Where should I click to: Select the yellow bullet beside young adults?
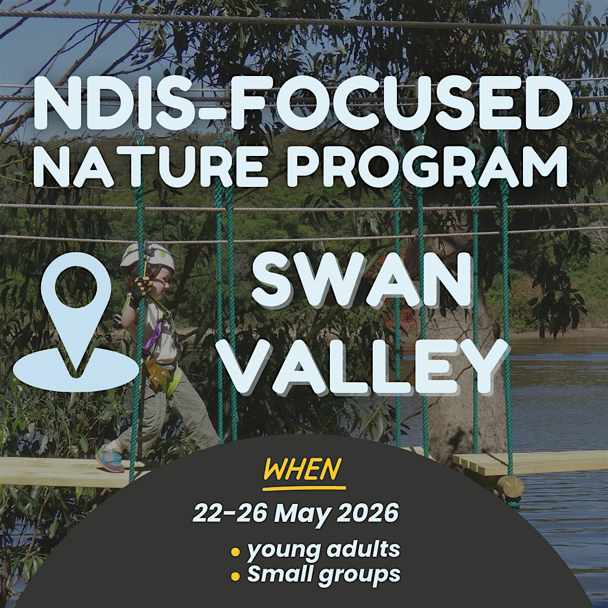pos(235,551)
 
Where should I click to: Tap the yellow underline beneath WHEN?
pos(304,488)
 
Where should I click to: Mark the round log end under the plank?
pos(510,486)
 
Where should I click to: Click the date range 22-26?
pos(230,513)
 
